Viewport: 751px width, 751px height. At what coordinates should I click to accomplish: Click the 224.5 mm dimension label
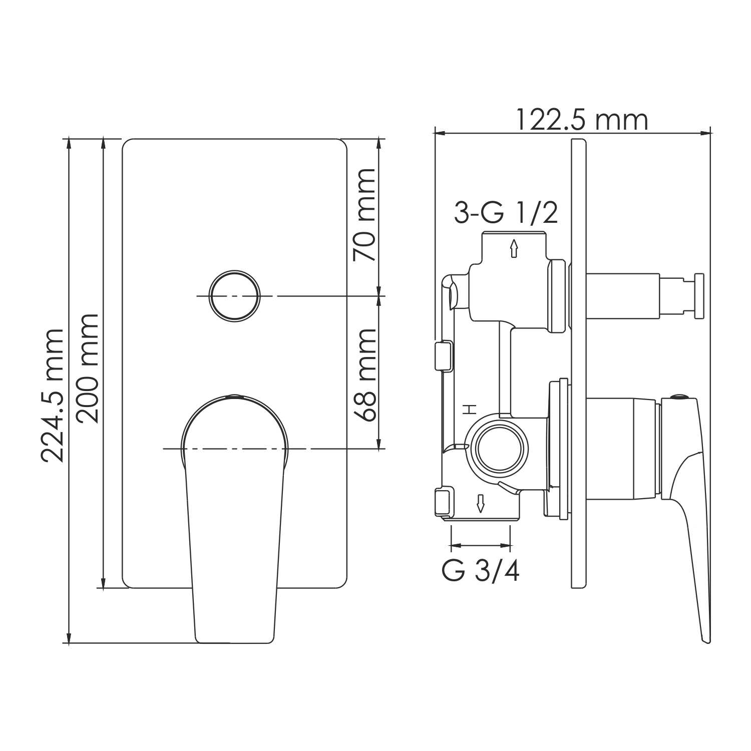52,396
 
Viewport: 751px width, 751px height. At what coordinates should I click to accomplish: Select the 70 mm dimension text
364,215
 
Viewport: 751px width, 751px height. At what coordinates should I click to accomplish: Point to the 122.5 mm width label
581,121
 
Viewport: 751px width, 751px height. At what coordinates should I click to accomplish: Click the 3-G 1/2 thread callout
506,214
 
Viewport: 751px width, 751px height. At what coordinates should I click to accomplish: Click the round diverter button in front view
235,296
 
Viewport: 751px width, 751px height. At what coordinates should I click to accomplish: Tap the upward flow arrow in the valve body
513,248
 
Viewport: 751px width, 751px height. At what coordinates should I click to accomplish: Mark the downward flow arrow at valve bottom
481,503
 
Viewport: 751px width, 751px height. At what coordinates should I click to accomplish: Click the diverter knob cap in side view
699,295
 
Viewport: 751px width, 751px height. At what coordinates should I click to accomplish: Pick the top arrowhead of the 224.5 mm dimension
69,143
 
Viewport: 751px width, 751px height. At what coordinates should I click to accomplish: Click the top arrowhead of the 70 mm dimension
380,143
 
